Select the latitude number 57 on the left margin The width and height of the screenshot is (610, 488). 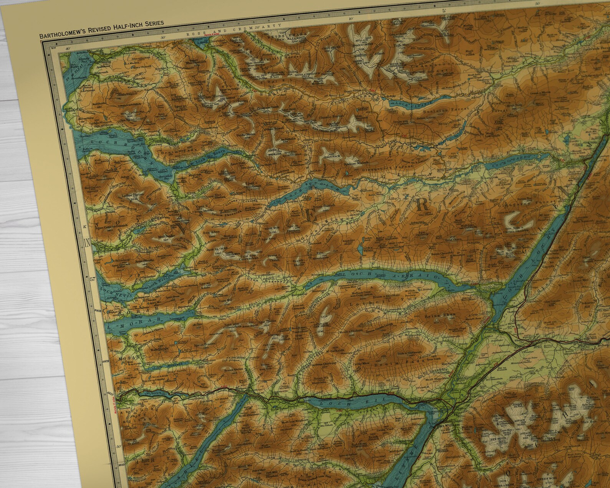[92, 279]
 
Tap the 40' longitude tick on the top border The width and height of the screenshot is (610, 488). [69, 49]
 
